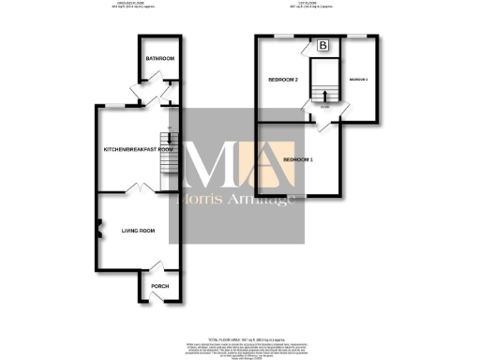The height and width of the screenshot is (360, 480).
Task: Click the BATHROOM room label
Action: [159, 59]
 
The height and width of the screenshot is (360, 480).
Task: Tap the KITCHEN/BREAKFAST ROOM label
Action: [139, 149]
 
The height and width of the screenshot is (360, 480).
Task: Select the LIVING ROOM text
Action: [136, 230]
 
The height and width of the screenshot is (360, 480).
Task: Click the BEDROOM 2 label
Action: [282, 80]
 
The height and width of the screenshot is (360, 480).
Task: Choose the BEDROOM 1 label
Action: [297, 160]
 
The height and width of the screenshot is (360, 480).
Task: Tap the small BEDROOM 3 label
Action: [358, 80]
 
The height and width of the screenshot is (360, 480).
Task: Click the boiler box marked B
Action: [322, 45]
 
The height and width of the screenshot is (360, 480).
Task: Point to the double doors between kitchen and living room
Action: [139, 190]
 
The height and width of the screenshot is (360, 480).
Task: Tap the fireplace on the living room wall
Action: [98, 225]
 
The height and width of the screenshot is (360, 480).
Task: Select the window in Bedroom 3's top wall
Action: [356, 37]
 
